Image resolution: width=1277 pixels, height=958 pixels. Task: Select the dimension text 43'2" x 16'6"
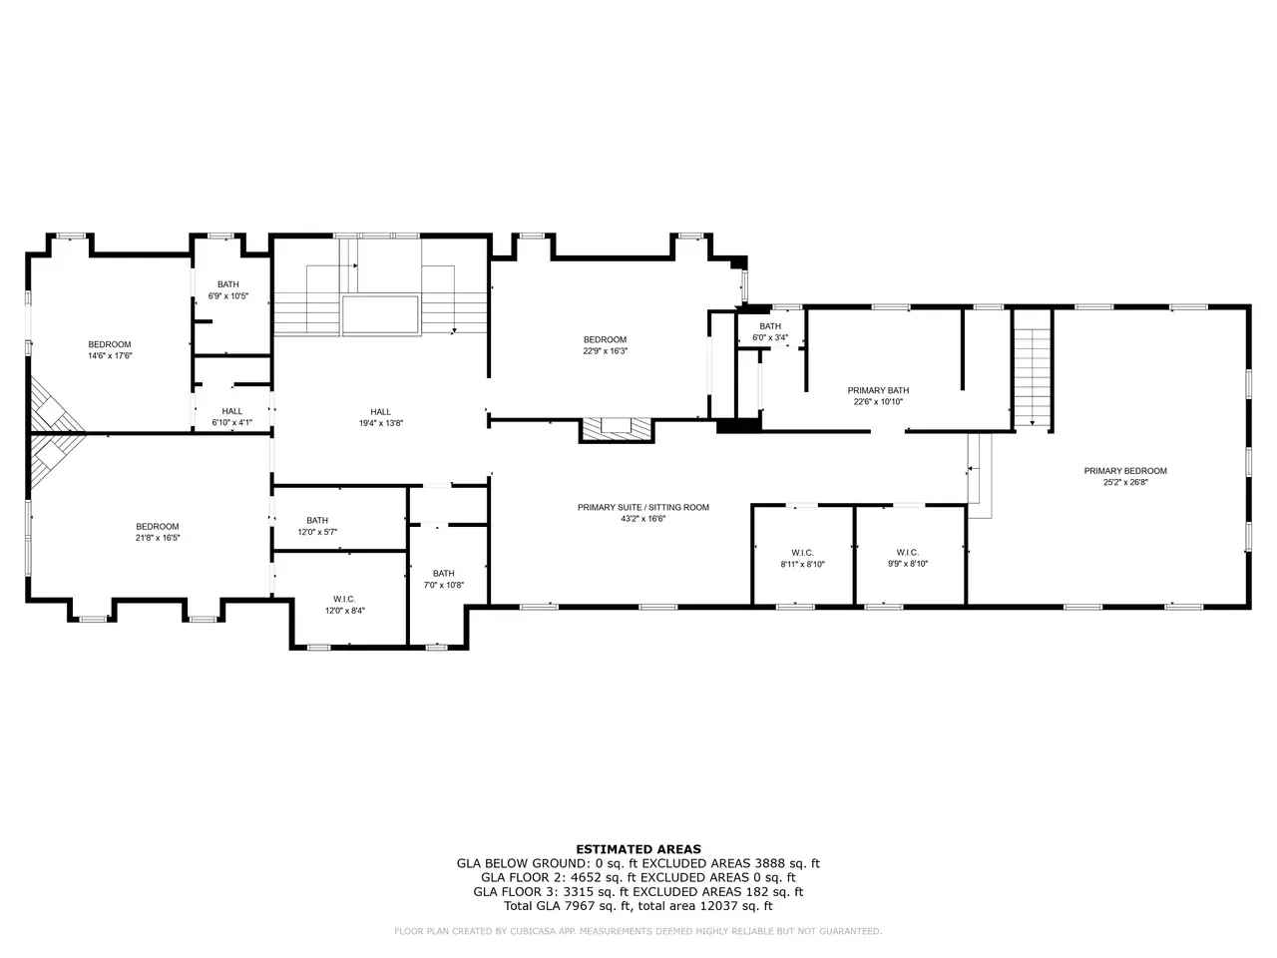coord(642,519)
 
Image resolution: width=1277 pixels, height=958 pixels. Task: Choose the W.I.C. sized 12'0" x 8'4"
coord(344,599)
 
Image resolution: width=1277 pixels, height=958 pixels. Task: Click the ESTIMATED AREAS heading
coord(638,849)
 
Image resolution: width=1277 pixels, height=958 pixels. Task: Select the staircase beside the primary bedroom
coord(1032,369)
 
